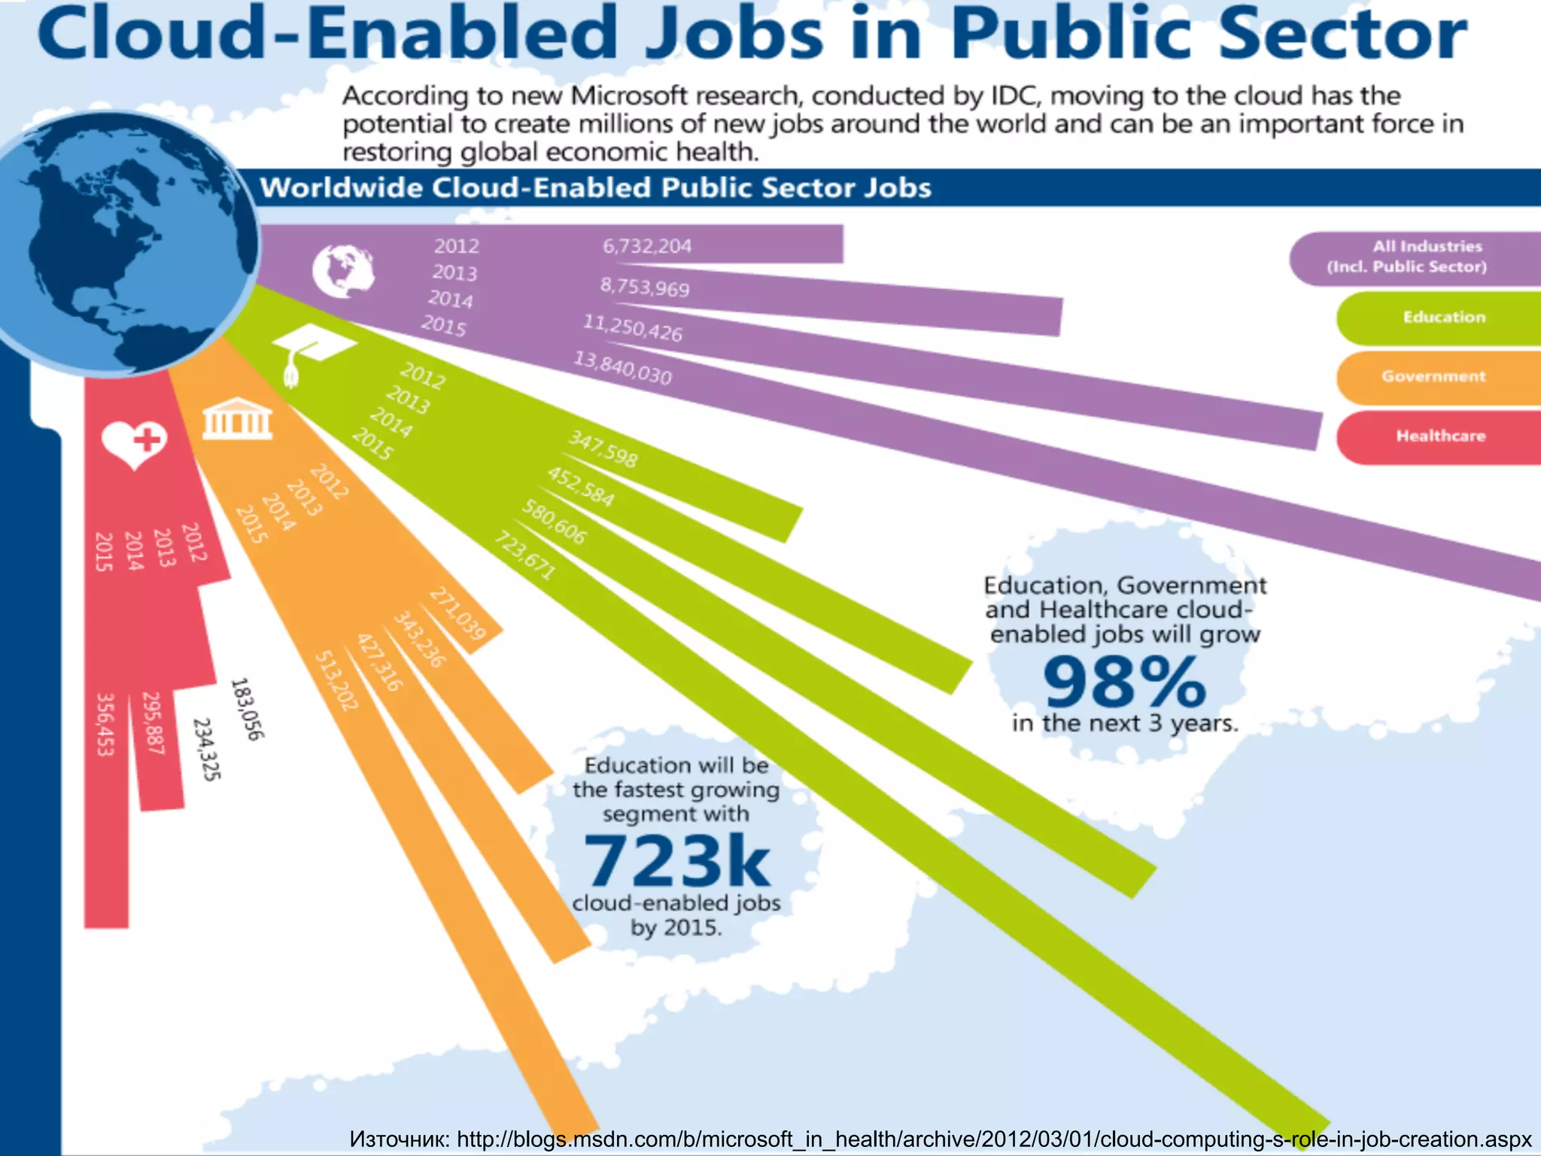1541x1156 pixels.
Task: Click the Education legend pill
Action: click(1443, 318)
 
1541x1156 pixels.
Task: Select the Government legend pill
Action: click(1434, 376)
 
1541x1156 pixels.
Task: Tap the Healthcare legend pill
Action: click(1440, 436)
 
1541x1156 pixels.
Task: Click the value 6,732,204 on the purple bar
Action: click(647, 246)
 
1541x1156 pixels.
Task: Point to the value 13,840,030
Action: click(622, 368)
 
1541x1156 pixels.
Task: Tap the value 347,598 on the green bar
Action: click(603, 449)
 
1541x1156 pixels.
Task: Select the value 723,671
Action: click(524, 555)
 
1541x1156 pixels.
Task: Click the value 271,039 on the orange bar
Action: click(457, 614)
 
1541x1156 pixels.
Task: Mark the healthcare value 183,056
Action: click(246, 709)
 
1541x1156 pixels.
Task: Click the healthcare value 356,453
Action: click(105, 724)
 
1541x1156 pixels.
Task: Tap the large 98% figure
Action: click(1124, 682)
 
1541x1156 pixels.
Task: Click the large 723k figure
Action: click(676, 861)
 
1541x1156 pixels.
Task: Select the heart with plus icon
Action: click(135, 443)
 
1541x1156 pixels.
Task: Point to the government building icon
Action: click(236, 418)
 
